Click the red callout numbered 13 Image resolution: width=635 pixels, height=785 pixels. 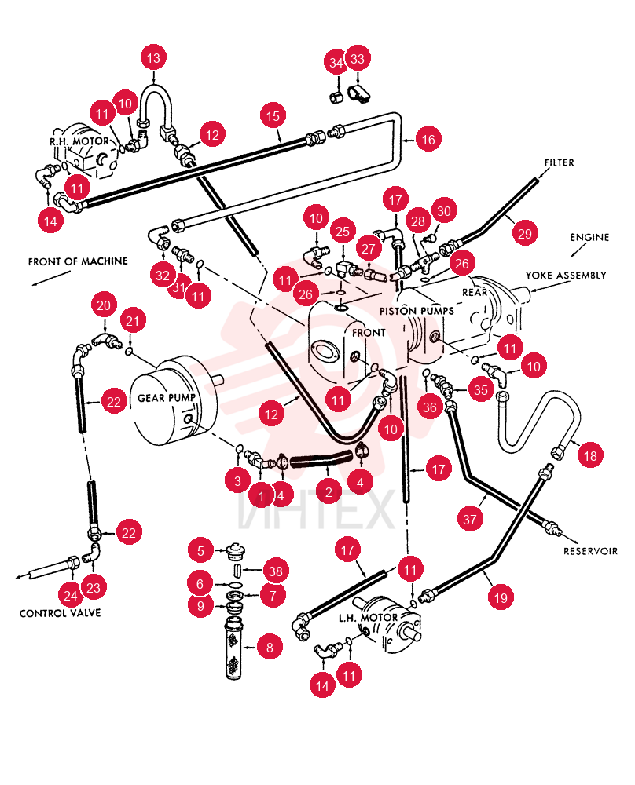click(x=153, y=58)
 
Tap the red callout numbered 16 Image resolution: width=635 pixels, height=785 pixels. click(x=428, y=139)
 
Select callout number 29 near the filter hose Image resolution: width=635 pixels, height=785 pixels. click(x=525, y=233)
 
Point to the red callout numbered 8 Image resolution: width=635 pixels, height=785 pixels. click(x=270, y=648)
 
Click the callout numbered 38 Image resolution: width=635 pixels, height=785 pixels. click(x=276, y=571)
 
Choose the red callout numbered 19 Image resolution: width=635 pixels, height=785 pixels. click(x=501, y=597)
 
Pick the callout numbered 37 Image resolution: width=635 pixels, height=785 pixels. click(x=470, y=519)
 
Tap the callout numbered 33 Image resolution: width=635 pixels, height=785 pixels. click(x=358, y=59)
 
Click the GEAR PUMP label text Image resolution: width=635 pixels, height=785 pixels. click(x=167, y=398)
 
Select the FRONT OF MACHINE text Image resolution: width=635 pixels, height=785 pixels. click(x=78, y=261)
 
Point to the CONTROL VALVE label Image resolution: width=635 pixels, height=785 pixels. click(x=61, y=613)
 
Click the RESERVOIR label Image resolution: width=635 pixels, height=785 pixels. click(x=590, y=551)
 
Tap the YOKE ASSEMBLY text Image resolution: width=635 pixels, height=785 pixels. click(x=566, y=276)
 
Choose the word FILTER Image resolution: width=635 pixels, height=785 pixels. click(x=560, y=162)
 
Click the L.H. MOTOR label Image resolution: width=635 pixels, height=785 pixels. click(x=368, y=618)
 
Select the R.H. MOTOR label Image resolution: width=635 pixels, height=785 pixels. click(x=79, y=141)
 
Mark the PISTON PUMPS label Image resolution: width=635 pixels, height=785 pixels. click(x=417, y=311)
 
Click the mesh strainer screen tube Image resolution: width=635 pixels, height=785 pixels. click(x=233, y=649)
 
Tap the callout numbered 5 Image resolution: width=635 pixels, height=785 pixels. click(x=201, y=551)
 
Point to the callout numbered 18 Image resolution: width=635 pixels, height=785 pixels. click(x=590, y=455)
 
